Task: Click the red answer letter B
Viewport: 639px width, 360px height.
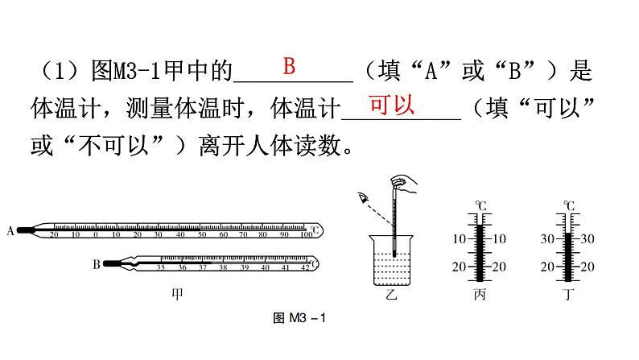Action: tap(289, 66)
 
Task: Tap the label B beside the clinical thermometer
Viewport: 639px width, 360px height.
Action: tap(96, 263)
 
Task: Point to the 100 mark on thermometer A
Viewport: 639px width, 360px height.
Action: tap(306, 234)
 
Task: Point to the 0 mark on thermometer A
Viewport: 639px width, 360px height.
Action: tap(96, 234)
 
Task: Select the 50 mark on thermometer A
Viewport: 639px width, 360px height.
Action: tap(201, 234)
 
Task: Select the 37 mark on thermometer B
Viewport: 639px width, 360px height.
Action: tap(202, 267)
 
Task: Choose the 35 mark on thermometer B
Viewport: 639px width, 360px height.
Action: tap(161, 267)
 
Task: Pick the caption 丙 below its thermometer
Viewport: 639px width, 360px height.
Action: tap(480, 295)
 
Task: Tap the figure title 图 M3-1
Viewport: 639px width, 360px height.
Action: tap(298, 320)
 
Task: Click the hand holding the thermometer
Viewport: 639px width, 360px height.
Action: tap(406, 186)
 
